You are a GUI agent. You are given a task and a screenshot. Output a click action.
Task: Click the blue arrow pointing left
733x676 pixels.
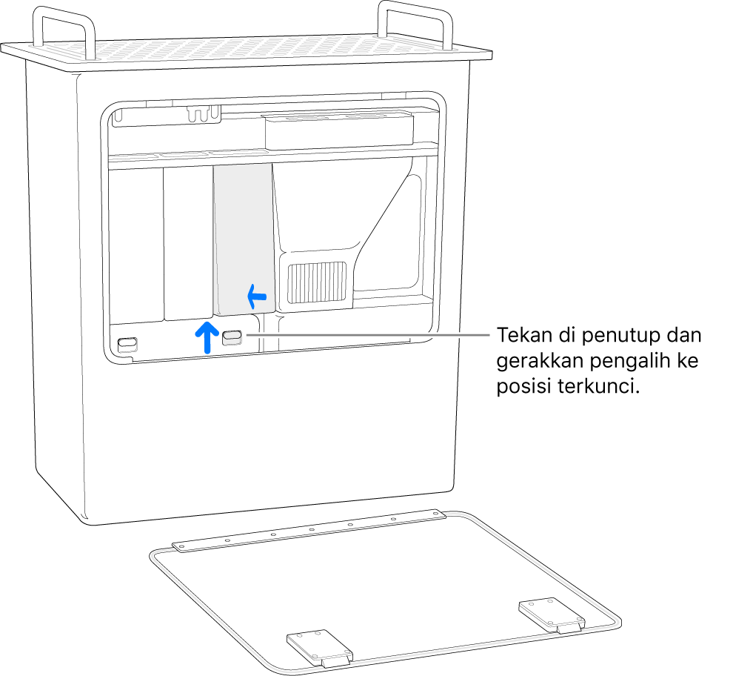pyautogui.click(x=256, y=298)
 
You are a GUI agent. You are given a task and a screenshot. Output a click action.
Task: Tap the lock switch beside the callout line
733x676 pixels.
pyautogui.click(x=231, y=337)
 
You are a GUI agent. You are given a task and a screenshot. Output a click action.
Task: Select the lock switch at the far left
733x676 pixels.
pyautogui.click(x=127, y=345)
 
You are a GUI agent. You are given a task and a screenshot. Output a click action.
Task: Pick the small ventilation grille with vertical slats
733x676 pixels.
pyautogui.click(x=317, y=284)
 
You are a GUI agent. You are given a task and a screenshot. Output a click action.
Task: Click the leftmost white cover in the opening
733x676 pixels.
pyautogui.click(x=135, y=245)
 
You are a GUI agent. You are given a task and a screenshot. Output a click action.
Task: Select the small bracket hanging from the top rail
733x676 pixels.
pyautogui.click(x=204, y=113)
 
